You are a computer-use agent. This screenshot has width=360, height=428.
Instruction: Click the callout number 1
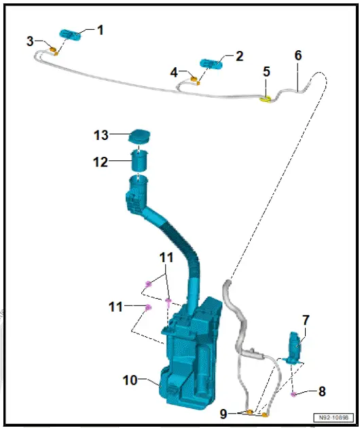click(x=101, y=30)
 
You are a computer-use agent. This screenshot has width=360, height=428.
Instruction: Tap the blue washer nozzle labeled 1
click(x=69, y=35)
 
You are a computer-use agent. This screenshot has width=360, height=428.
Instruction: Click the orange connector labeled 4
click(x=196, y=81)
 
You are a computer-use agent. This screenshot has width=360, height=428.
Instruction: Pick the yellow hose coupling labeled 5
click(x=266, y=99)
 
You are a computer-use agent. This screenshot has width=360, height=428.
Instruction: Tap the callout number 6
click(x=298, y=55)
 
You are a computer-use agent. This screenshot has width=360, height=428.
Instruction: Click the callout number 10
click(x=129, y=380)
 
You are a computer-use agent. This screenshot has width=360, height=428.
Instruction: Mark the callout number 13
click(x=101, y=135)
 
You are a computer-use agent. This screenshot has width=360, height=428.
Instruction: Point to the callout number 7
click(x=306, y=319)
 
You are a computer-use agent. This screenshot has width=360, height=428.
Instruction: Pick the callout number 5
click(x=266, y=71)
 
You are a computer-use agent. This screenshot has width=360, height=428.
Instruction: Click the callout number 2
click(x=239, y=56)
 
